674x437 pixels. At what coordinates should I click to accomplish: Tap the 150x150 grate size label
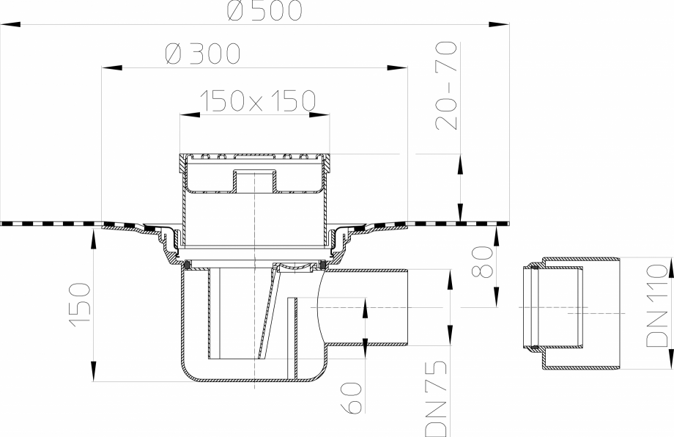(257, 100)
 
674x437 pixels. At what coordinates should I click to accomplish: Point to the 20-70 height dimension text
(446, 86)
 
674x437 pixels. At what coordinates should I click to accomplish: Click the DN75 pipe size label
(434, 395)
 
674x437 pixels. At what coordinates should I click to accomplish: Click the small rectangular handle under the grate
(253, 180)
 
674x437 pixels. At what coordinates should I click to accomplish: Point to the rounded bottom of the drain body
(249, 378)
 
